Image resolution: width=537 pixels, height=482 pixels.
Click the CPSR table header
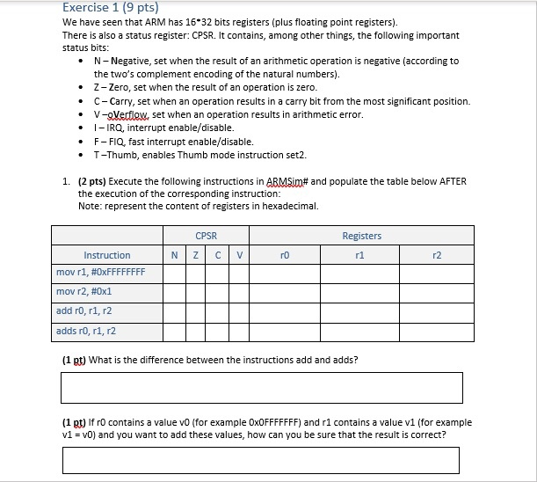pos(206,236)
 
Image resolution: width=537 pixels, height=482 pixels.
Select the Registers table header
pos(361,236)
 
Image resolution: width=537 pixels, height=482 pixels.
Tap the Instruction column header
pos(107,255)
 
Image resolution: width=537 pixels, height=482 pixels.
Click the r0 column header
pos(283,255)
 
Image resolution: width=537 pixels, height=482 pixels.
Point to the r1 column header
pos(361,255)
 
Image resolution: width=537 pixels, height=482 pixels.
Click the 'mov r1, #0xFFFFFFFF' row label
pos(100,272)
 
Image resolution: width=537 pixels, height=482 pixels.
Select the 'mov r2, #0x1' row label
pos(84,291)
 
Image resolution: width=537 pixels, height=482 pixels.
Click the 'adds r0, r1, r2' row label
pos(86,331)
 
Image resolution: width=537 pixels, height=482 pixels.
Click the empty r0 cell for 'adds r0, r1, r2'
pos(283,331)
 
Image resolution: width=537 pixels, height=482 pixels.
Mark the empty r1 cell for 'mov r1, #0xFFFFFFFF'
pos(361,272)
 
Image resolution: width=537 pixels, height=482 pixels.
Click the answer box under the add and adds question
pos(261,387)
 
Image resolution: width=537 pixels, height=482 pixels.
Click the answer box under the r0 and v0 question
pos(261,460)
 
